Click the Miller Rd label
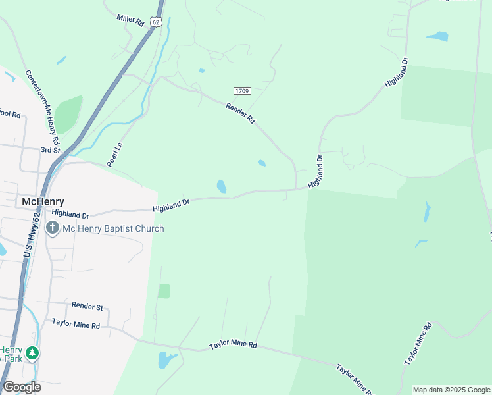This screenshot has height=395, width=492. [x=130, y=20]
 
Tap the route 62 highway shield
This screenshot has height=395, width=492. [x=155, y=22]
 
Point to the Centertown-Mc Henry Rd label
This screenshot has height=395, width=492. [x=43, y=107]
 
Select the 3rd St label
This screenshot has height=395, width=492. [x=51, y=150]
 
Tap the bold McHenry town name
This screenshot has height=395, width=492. [x=43, y=201]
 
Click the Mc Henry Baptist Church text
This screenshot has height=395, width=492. [x=113, y=228]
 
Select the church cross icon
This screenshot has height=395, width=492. [x=53, y=228]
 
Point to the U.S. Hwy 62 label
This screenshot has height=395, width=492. [x=32, y=234]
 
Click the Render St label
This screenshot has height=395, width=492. [x=87, y=307]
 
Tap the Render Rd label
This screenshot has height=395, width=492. [x=240, y=113]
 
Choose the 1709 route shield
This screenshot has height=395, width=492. [x=241, y=90]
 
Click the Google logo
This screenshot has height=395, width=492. [x=22, y=387]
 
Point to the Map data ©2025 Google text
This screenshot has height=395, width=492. [x=451, y=390]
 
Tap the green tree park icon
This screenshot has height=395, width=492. [x=32, y=354]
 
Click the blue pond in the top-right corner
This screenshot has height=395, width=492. [x=437, y=36]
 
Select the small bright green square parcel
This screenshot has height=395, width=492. [x=164, y=291]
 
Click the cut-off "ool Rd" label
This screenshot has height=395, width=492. [x=11, y=114]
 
